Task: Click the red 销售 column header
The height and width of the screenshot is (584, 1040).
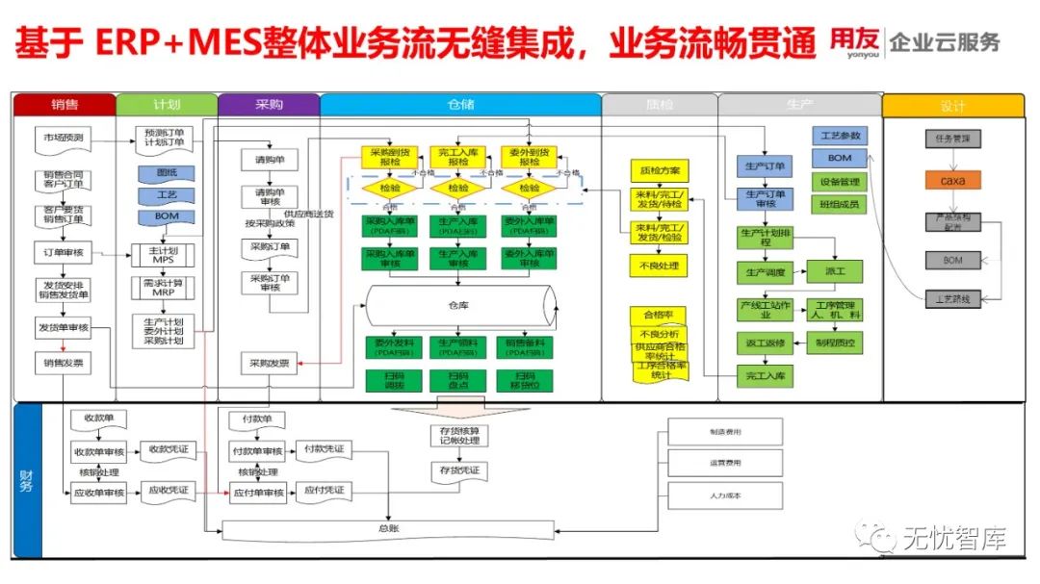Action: tap(65, 104)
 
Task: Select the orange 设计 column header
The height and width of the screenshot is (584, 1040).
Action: tap(951, 105)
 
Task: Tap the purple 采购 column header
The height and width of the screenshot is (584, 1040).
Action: tap(269, 104)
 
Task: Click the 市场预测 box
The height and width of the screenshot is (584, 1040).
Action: tap(64, 138)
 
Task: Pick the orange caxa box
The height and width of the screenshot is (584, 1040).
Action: tap(951, 180)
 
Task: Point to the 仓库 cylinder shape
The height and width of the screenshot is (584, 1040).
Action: tap(456, 305)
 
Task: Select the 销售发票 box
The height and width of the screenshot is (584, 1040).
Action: tap(64, 363)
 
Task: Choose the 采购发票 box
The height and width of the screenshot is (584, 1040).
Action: tap(269, 363)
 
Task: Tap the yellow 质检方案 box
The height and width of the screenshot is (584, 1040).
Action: tap(660, 171)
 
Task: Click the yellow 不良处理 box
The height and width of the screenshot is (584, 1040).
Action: tap(660, 265)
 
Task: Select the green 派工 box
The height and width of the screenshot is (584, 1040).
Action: tap(834, 272)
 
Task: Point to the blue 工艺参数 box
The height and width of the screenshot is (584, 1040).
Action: tap(840, 135)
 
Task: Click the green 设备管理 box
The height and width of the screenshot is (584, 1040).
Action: tap(840, 181)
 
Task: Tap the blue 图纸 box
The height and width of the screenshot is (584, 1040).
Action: tap(168, 173)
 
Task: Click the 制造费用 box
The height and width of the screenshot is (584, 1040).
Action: tap(725, 432)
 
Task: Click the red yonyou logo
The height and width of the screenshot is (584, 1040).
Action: tap(853, 41)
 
